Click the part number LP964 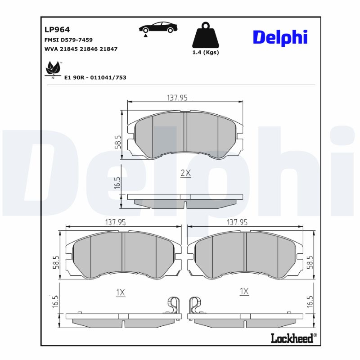pyautogui.click(x=57, y=30)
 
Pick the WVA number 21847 pyautogui.click(x=108, y=49)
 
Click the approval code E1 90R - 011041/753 pyautogui.click(x=95, y=77)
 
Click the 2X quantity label pyautogui.click(x=185, y=173)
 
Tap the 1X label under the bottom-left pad pyautogui.click(x=120, y=292)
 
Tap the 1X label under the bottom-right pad pyautogui.click(x=244, y=292)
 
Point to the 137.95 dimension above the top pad pyautogui.click(x=177, y=98)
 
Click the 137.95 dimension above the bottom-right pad pyautogui.click(x=238, y=222)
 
